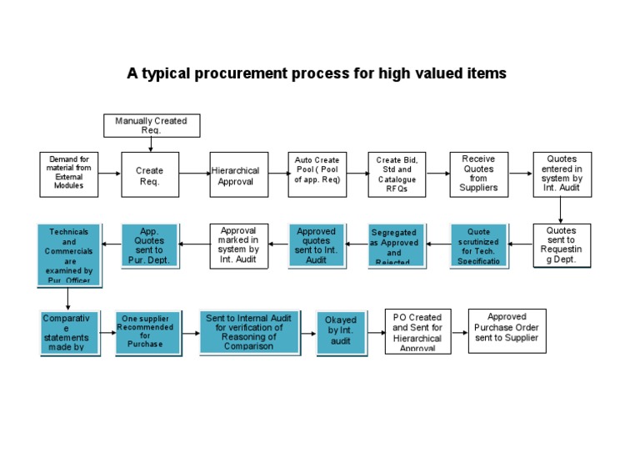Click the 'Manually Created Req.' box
151,126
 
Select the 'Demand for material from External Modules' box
69,174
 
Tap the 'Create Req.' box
150,174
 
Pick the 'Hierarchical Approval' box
235,174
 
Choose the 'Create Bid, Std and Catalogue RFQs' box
397,174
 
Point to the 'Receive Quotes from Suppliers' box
478,174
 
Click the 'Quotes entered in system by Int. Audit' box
562,174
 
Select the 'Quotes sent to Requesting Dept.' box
562,245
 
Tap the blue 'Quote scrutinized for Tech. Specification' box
479,245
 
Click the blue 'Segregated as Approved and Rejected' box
397,245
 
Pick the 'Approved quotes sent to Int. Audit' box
317,245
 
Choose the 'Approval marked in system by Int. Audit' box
239,245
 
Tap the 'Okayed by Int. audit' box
342,332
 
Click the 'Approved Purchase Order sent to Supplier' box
507,331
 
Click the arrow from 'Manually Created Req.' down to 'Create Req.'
151,144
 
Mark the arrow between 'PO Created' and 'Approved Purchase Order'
459,332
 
